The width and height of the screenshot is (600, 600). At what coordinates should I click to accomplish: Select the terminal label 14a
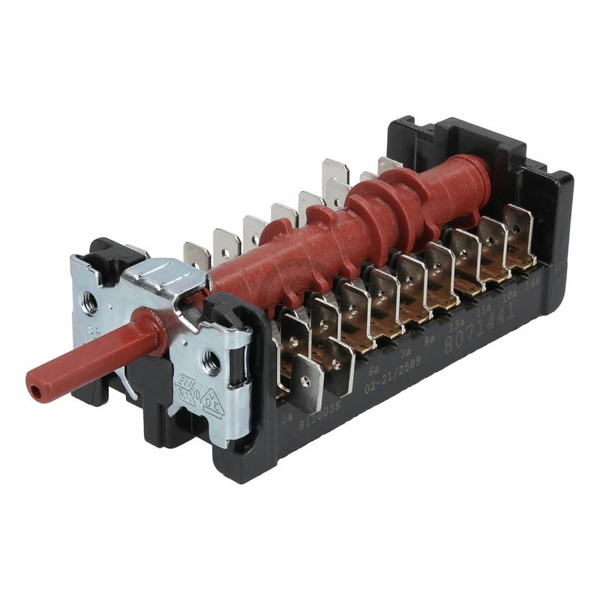[x=533, y=283]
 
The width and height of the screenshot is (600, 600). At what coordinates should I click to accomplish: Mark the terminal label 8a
[x=430, y=339]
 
